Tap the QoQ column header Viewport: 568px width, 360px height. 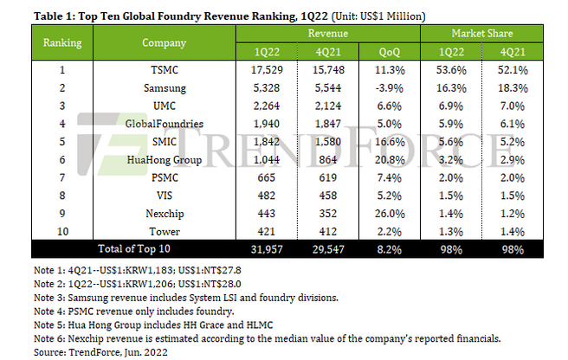[x=390, y=51]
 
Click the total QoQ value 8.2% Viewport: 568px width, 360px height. [x=390, y=249]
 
